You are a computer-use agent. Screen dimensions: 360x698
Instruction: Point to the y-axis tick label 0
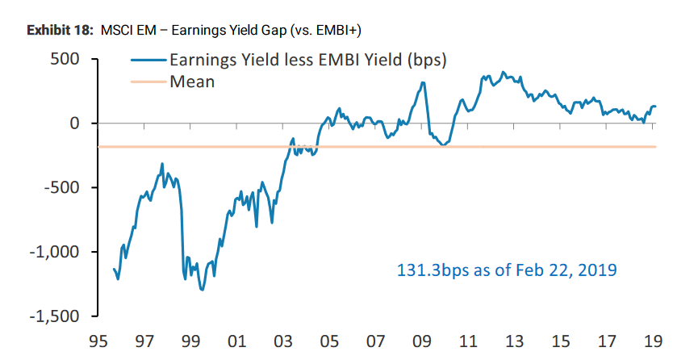73,123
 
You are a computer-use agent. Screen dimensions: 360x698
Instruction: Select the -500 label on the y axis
61,188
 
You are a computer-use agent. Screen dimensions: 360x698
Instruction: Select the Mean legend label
192,81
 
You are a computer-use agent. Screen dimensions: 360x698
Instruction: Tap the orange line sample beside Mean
148,81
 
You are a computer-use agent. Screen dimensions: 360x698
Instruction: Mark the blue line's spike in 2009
424,82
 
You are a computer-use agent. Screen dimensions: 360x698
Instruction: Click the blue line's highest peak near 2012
504,72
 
